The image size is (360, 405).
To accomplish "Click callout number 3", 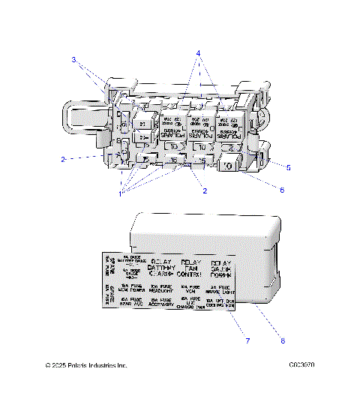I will click(x=74, y=58).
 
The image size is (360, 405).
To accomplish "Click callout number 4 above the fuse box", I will click(x=198, y=53).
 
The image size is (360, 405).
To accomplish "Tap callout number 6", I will click(x=281, y=190).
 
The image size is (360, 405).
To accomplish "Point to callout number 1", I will click(x=119, y=193).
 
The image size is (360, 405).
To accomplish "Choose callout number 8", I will click(x=283, y=342).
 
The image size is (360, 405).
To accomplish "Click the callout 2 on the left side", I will click(x=64, y=159).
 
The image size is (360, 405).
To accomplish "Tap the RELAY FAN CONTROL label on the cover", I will click(x=192, y=269).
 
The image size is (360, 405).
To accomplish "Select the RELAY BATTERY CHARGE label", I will click(x=162, y=269).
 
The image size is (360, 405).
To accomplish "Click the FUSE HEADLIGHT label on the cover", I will click(x=162, y=289).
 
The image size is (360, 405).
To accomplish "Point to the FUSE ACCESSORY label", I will click(x=161, y=303).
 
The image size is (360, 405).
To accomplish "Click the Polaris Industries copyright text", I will click(x=85, y=365).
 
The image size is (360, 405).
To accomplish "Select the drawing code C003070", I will click(x=300, y=365).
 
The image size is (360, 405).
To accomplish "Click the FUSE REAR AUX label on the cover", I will click(x=131, y=303).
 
